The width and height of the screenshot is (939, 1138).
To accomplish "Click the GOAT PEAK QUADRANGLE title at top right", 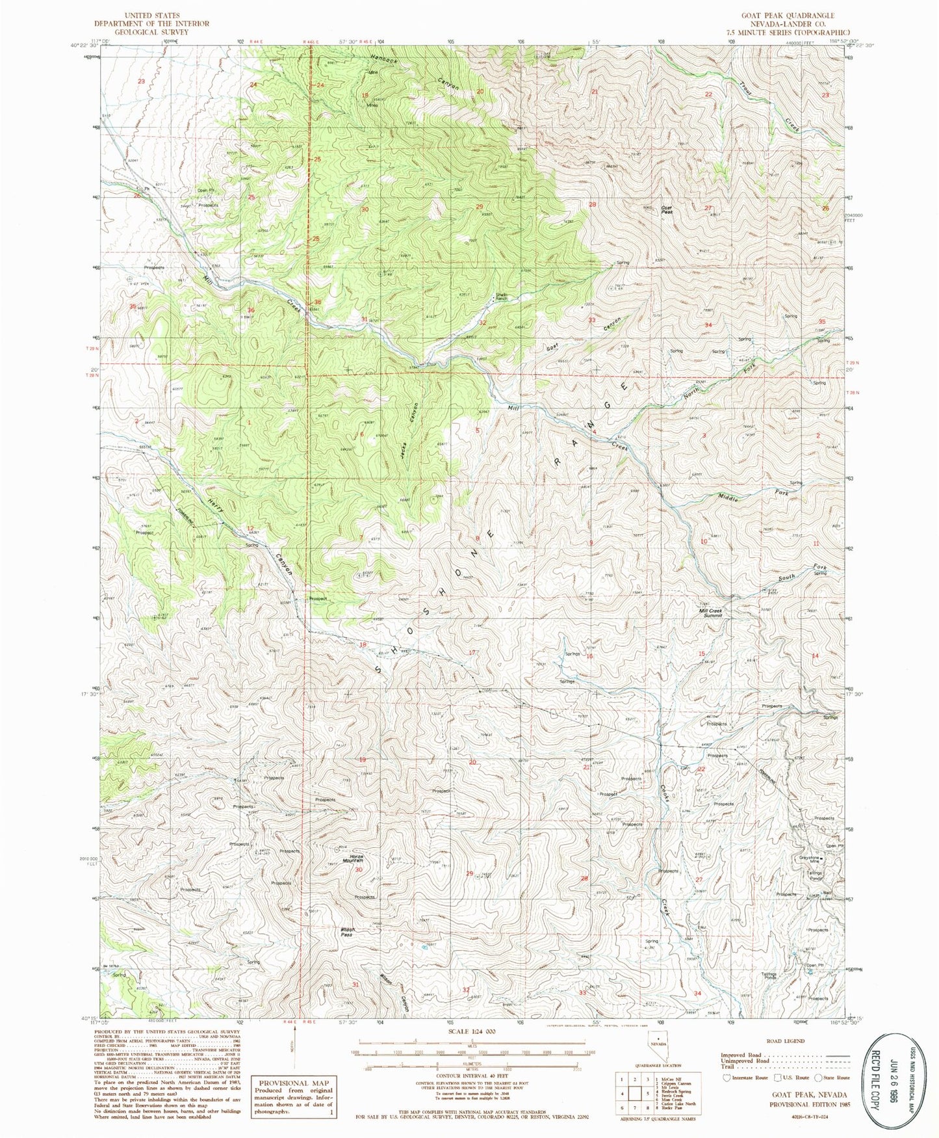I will click(787, 15).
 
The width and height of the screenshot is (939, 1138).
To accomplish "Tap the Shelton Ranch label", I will click(501, 297).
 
